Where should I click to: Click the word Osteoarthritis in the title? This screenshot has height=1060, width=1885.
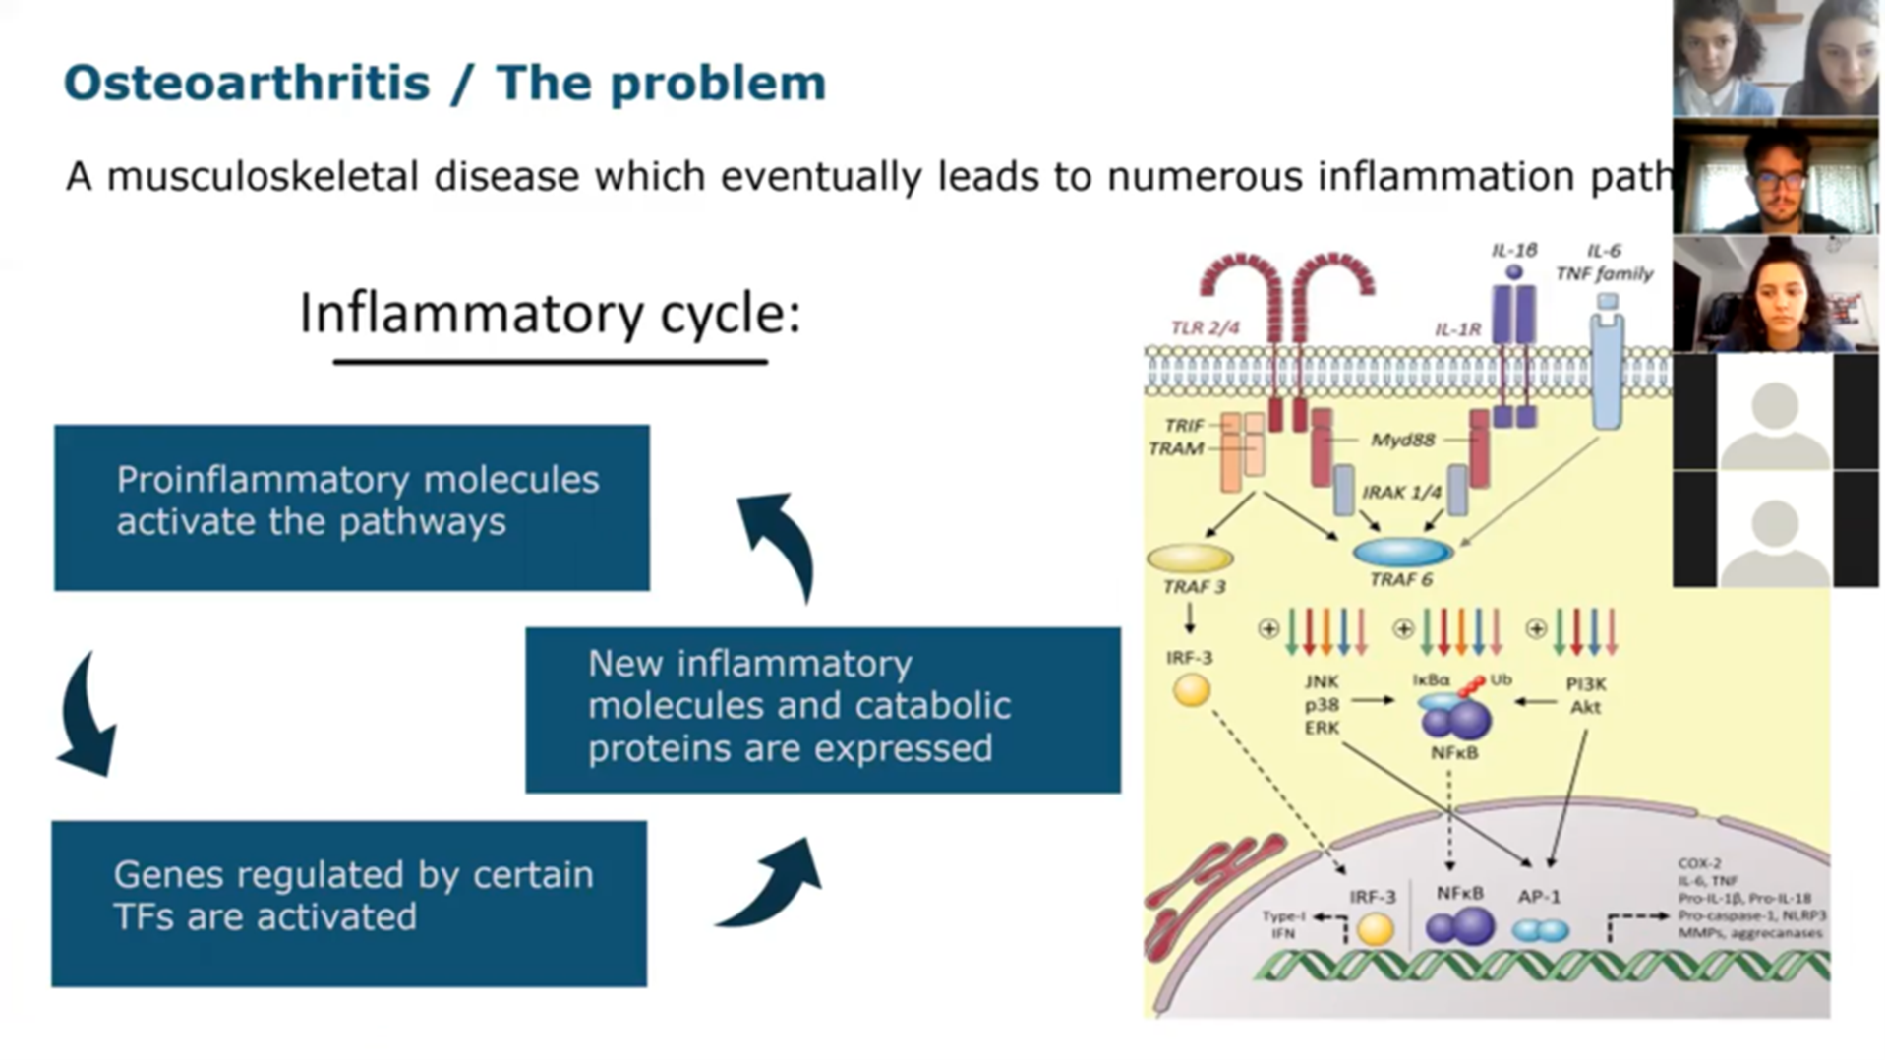coord(247,83)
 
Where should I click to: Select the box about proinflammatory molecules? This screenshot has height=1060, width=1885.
coord(351,507)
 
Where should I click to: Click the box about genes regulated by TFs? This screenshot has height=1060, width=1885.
coord(349,903)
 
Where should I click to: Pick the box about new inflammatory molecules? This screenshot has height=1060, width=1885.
coord(822,710)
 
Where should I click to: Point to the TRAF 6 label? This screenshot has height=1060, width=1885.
coord(1400,580)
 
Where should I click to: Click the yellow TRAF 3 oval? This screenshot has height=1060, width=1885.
coord(1190,559)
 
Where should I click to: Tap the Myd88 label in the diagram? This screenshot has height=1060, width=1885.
coord(1402,440)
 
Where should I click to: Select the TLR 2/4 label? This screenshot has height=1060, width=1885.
coord(1205,327)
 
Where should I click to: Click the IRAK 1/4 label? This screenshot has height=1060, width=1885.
coord(1401,492)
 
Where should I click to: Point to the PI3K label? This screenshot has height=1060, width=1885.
coord(1585,683)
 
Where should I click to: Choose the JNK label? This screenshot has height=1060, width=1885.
coord(1322,681)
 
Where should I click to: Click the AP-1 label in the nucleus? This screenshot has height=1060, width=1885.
coord(1539,897)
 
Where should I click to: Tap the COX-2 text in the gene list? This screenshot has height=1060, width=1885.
coord(1699,863)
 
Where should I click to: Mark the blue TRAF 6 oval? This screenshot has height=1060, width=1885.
coord(1402,552)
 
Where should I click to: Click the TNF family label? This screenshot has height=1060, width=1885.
coord(1604,273)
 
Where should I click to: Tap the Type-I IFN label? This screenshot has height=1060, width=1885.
coord(1283,924)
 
